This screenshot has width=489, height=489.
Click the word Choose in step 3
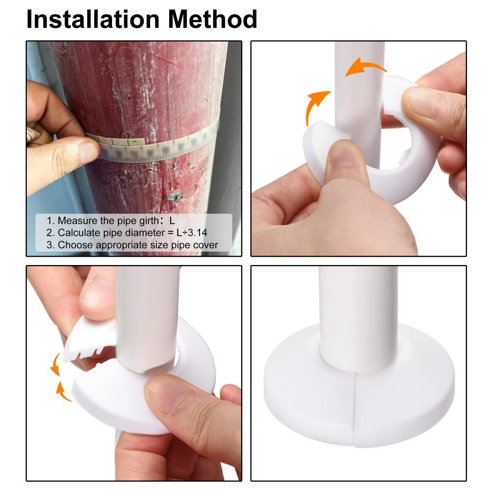coord(73,245)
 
